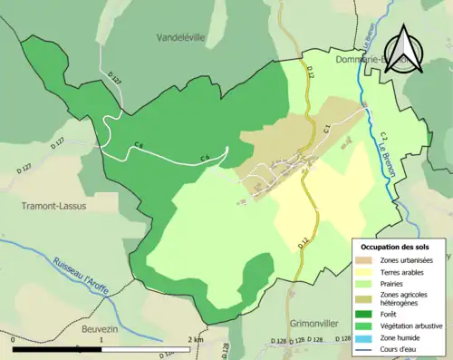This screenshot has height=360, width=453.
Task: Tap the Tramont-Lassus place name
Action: [53, 206]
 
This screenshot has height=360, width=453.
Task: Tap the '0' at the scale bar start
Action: [14, 339]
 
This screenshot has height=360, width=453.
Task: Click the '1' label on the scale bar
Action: [102, 339]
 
